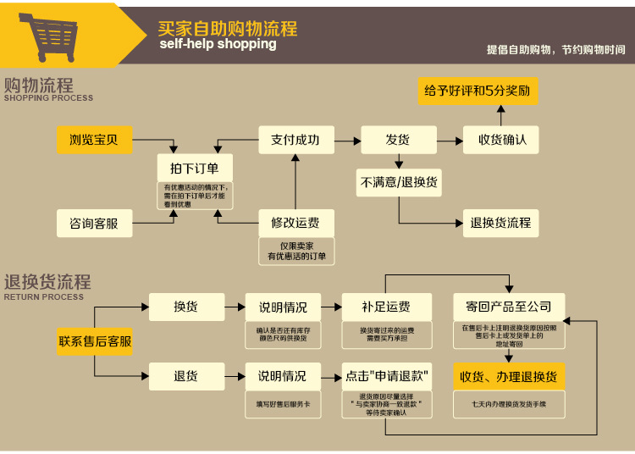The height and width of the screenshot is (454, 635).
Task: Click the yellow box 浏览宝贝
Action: point(94,140)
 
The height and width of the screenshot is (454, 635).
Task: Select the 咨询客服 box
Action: point(94,224)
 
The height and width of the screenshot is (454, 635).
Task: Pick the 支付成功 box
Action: point(295,140)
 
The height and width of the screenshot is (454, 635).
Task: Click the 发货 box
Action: point(398,140)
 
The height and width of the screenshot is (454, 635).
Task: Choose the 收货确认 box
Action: point(501,140)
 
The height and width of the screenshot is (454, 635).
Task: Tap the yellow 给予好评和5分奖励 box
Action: point(478,90)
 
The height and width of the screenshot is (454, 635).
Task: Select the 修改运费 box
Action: point(295,224)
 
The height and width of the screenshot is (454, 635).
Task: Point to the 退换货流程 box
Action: point(501,223)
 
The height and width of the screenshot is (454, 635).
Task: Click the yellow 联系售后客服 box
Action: point(95,341)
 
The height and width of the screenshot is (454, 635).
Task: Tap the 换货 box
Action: point(186,307)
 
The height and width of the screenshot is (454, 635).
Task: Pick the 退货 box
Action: point(186,375)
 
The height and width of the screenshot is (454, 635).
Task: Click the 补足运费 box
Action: point(386,307)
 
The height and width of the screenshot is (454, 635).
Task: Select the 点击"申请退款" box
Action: point(386,375)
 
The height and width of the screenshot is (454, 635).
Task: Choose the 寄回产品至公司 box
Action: point(509,307)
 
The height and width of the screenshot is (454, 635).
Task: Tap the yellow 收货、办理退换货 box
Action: point(509,375)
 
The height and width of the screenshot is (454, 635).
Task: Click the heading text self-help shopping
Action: point(218,44)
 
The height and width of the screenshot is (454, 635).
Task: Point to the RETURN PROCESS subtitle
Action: point(44,297)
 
